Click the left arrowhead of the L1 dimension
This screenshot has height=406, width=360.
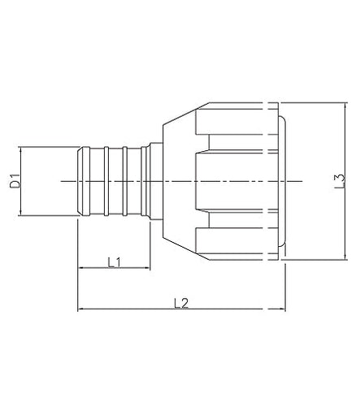(80, 270)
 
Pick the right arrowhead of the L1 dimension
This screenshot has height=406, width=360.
(147, 270)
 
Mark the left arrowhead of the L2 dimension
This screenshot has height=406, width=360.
(80, 310)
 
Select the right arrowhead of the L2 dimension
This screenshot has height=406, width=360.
(282, 310)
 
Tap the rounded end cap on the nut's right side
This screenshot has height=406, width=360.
(284, 180)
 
